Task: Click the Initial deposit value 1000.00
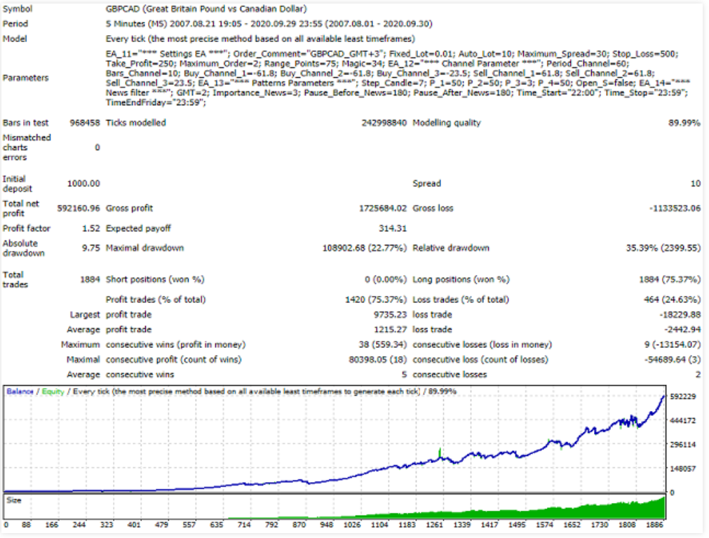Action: pos(83,184)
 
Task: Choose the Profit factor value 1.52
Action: pos(90,229)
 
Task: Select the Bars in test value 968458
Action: pos(84,123)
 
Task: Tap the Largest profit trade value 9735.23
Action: pos(391,315)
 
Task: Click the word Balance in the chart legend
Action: pos(20,391)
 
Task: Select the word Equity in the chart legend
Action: pos(53,391)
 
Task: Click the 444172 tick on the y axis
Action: pos(683,421)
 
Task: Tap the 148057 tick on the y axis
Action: pos(683,469)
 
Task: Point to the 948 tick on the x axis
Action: pos(326,525)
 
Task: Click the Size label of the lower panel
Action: pos(14,501)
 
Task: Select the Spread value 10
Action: pos(695,184)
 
